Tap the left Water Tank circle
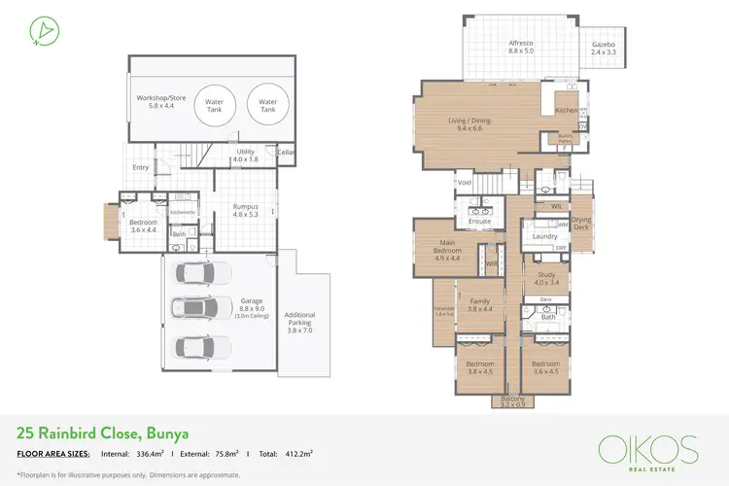[x=214, y=105]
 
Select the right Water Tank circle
[x=267, y=105]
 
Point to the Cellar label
[x=285, y=153]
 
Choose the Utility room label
[x=245, y=155]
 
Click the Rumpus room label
[x=244, y=210]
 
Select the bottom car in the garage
[x=202, y=346]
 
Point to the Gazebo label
[x=604, y=47]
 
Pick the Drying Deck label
[x=581, y=224]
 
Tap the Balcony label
[x=512, y=402]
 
